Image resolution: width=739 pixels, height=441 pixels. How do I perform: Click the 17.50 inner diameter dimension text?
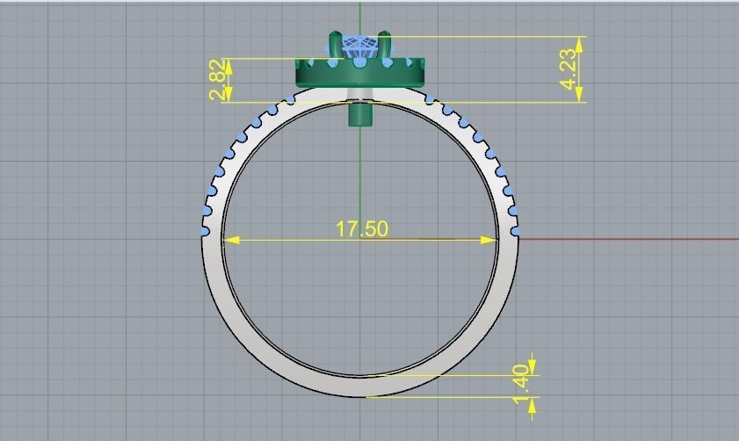coord(361,228)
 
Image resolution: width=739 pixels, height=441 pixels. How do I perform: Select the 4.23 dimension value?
coord(569,69)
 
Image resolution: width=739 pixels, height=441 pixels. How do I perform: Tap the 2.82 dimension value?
coord(217,81)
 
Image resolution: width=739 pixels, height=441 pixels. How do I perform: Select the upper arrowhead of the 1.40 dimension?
coord(532,366)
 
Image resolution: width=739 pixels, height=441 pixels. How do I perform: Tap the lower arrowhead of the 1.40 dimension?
coord(532,405)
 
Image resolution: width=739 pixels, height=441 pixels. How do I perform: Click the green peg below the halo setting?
coord(360,113)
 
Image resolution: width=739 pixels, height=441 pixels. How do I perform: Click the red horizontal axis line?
coord(633,238)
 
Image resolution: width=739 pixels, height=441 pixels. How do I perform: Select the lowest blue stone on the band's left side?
coord(205,232)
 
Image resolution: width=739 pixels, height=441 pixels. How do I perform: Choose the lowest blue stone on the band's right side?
coord(516,231)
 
